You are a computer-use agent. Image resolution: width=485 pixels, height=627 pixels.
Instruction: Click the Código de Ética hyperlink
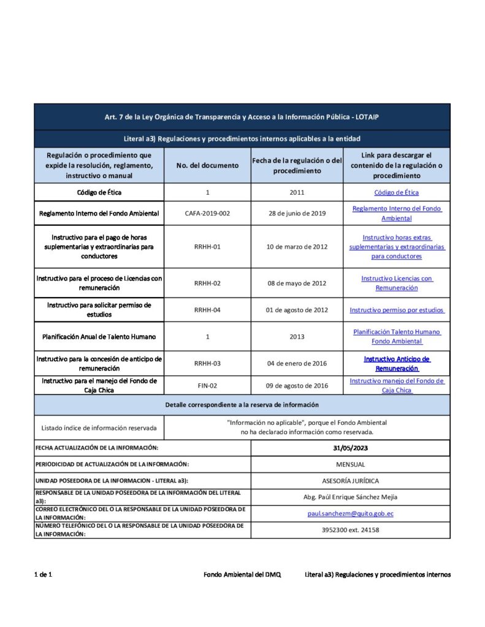[x=396, y=192]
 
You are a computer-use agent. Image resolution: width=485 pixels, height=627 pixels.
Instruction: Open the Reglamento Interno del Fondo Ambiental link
[x=397, y=213]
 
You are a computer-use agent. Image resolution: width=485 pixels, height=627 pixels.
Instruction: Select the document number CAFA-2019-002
[x=207, y=213]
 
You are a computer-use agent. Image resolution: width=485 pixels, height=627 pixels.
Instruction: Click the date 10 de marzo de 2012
[x=297, y=247]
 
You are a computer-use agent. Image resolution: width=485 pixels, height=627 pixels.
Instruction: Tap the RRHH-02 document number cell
[x=207, y=283]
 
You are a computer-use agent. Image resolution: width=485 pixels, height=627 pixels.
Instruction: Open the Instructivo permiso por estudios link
[x=397, y=310]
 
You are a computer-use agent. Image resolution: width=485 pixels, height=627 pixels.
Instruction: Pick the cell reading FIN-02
[x=207, y=386]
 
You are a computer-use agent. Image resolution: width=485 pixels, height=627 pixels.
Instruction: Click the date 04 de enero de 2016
[x=297, y=363]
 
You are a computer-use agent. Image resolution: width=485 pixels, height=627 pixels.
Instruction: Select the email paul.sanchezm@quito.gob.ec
[x=350, y=513]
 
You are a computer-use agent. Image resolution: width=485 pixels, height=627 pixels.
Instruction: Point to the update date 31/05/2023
[x=350, y=448]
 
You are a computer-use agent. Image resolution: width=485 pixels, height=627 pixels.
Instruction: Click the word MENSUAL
[x=350, y=465]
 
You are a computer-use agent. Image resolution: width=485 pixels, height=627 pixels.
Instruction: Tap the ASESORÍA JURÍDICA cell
[x=350, y=481]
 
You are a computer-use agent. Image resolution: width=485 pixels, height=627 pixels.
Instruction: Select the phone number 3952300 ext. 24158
[x=350, y=530]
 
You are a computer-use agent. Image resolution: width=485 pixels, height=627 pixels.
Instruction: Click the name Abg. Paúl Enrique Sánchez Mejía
[x=350, y=497]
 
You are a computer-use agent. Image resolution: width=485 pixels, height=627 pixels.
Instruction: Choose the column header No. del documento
[x=207, y=166]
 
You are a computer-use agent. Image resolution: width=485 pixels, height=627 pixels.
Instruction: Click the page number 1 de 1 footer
[x=44, y=574]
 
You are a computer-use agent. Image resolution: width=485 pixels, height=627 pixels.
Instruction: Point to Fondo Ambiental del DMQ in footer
[x=242, y=574]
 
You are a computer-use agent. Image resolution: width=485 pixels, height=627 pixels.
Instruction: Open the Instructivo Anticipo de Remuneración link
[x=397, y=364]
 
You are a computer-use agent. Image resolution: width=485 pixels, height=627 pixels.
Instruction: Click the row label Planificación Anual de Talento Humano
[x=99, y=336]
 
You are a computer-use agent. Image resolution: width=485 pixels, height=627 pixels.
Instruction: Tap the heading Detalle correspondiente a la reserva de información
[x=242, y=405]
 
